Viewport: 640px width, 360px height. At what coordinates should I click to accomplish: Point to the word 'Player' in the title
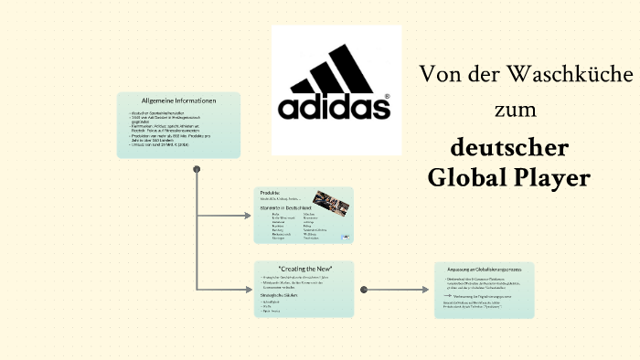pyautogui.click(x=551, y=178)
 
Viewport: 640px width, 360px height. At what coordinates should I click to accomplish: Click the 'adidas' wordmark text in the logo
pyautogui.click(x=333, y=108)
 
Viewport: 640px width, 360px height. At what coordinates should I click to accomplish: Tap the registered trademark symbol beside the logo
pyautogui.click(x=387, y=95)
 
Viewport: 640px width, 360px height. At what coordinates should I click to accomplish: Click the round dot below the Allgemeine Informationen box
pyautogui.click(x=196, y=169)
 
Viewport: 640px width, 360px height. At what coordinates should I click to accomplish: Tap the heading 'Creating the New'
pyautogui.click(x=304, y=268)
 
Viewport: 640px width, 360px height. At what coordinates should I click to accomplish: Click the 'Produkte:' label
pyautogui.click(x=271, y=193)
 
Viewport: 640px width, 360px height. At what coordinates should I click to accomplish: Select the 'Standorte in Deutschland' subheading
pyautogui.click(x=285, y=208)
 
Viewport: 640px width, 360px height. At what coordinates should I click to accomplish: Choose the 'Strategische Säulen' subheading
pyautogui.click(x=283, y=297)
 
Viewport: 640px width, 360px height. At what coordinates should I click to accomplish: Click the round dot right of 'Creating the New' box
pyautogui.click(x=364, y=289)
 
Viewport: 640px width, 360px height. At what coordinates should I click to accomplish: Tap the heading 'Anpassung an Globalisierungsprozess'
pyautogui.click(x=485, y=270)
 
